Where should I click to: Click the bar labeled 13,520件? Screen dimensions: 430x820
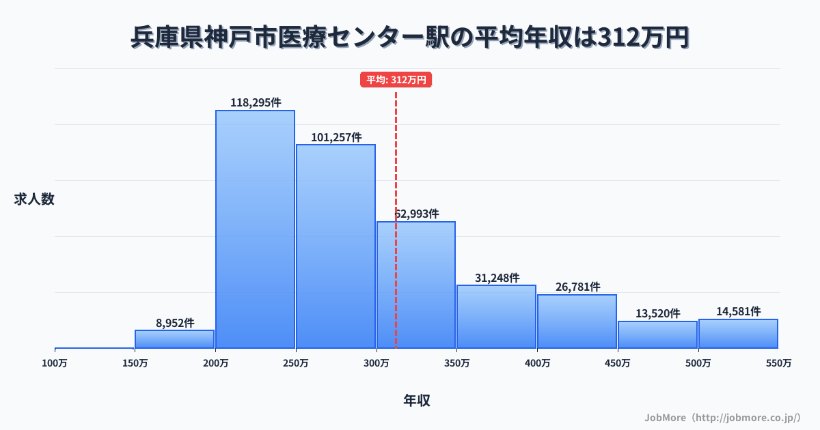pos(657,334)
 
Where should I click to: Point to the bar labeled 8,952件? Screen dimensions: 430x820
pos(174,339)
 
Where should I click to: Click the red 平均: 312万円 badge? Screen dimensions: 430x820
pos(396,80)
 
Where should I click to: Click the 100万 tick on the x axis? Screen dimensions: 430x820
pos(55,363)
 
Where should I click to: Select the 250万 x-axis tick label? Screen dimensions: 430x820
pos(296,363)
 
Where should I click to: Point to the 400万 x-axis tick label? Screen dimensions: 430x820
pos(537,363)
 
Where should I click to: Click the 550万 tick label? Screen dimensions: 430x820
pos(778,363)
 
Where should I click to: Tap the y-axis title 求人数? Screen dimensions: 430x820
pos(34,199)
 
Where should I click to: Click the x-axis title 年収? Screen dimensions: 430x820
pos(416,401)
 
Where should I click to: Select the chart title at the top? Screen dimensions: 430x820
pos(410,38)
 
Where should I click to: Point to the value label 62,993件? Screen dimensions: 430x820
pos(417,214)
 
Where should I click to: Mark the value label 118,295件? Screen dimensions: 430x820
pos(255,102)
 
